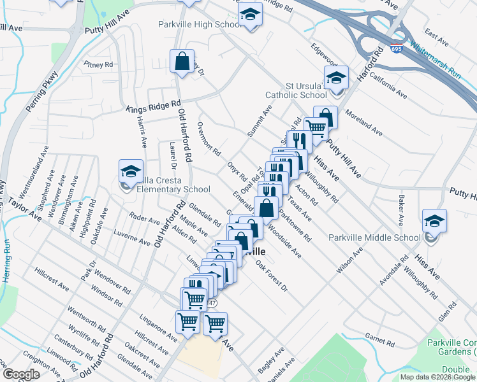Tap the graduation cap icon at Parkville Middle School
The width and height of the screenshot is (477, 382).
click(434, 221)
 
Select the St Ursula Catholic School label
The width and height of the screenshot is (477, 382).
click(306, 90)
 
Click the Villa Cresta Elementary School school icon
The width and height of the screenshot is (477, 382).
click(131, 171)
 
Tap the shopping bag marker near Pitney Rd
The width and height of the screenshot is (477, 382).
click(182, 62)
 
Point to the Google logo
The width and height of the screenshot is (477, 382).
click(20, 374)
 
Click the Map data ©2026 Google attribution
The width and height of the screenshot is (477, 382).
click(438, 377)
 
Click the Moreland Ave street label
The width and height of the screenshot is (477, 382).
click(363, 123)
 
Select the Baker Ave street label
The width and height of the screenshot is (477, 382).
click(402, 210)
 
